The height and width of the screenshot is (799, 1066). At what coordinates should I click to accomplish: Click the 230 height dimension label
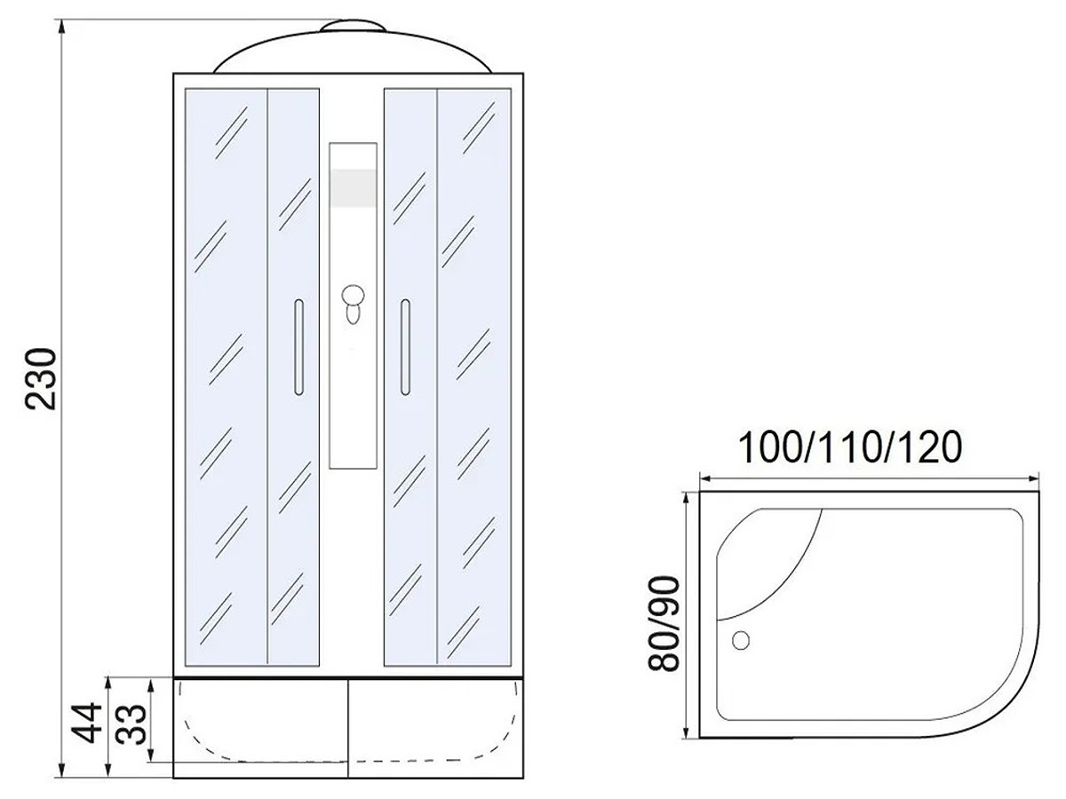pyautogui.click(x=41, y=379)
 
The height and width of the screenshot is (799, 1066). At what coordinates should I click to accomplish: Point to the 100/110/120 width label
pyautogui.click(x=850, y=447)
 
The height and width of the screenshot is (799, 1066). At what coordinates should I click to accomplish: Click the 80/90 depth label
pyautogui.click(x=664, y=623)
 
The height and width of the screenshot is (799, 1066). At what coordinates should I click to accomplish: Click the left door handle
pyautogui.click(x=298, y=347)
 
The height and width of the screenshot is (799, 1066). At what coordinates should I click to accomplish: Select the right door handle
pyautogui.click(x=405, y=347)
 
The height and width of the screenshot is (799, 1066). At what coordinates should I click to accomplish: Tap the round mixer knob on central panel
pyautogui.click(x=353, y=295)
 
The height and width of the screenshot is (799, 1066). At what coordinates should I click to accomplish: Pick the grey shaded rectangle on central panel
pyautogui.click(x=353, y=187)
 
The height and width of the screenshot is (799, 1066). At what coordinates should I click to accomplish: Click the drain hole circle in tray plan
pyautogui.click(x=740, y=640)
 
